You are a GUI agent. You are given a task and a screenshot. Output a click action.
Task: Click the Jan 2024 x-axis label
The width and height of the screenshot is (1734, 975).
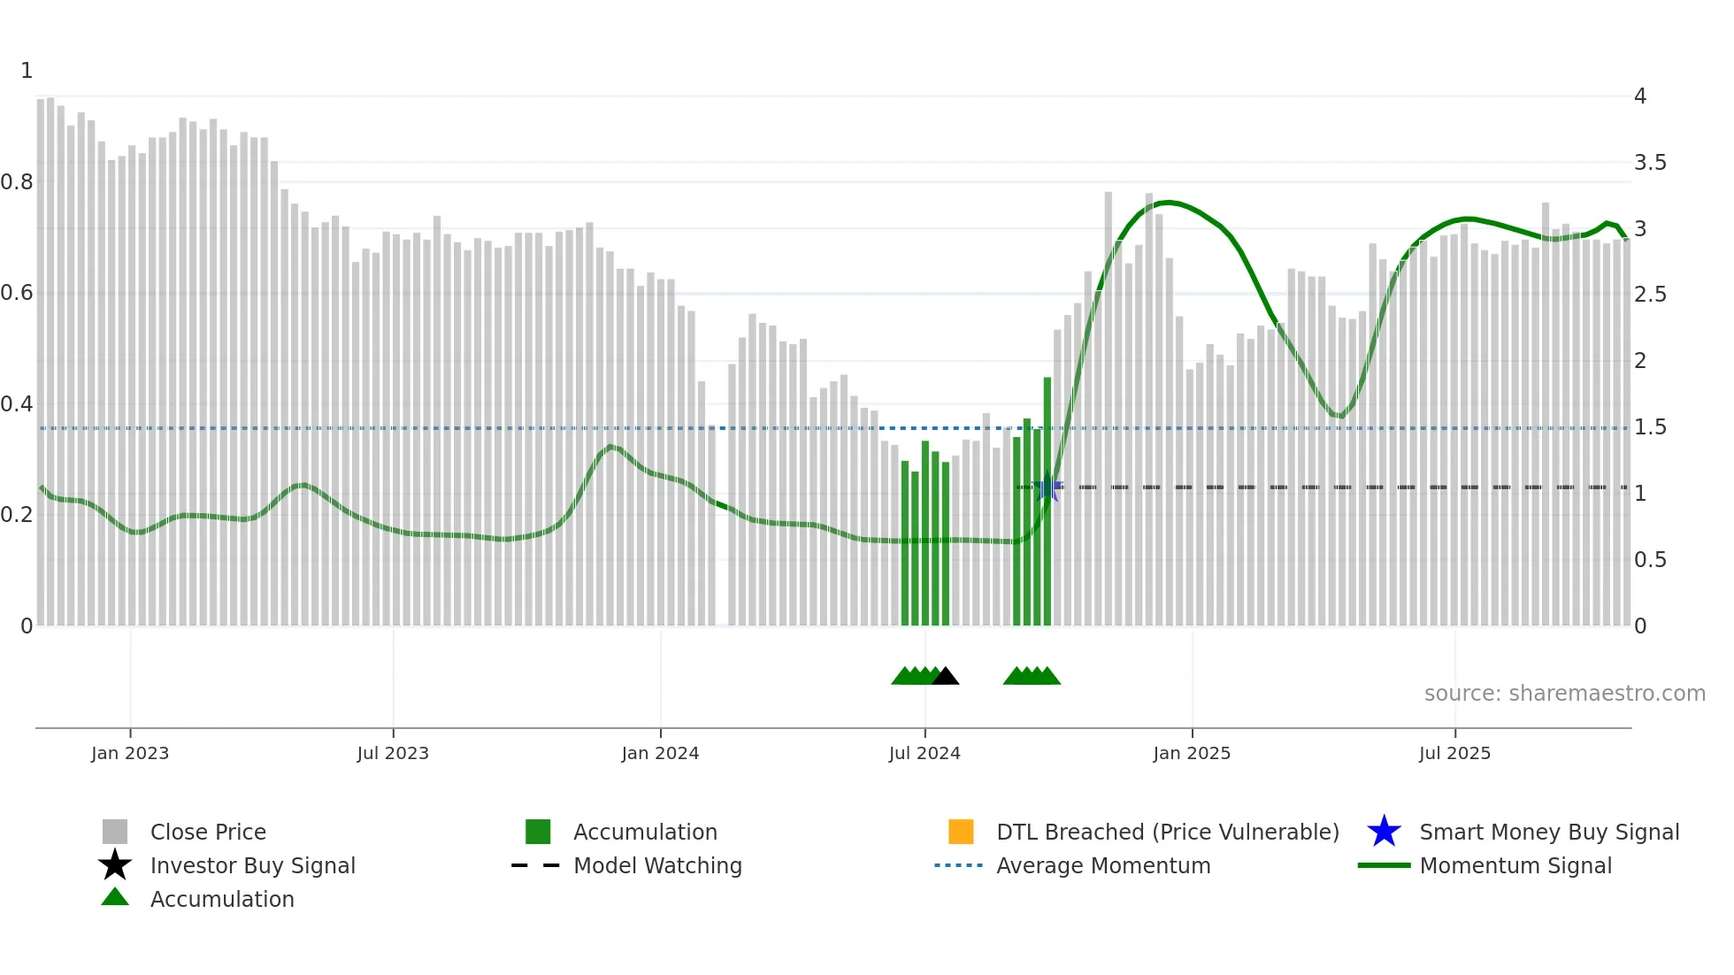660,753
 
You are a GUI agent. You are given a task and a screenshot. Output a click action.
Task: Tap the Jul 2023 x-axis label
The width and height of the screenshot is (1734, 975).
393,753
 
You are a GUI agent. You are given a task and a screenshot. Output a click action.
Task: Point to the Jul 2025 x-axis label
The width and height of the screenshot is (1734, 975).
1454,753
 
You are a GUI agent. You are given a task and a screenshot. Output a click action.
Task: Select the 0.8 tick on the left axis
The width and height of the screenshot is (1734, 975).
17,182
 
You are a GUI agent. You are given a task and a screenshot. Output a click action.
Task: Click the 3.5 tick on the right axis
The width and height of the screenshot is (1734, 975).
1650,163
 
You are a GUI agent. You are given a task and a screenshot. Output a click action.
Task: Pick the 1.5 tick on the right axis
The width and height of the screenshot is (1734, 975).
1650,427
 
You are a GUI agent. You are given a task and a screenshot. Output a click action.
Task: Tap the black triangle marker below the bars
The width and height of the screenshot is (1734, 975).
945,677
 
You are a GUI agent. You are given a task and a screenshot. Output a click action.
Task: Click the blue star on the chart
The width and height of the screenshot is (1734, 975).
1048,487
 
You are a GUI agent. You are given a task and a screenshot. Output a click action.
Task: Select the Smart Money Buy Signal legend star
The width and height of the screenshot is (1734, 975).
1384,832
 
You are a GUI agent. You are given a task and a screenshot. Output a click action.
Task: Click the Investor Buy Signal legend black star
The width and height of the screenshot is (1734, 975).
115,865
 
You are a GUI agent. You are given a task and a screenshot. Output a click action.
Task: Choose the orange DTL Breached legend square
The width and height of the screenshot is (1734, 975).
961,832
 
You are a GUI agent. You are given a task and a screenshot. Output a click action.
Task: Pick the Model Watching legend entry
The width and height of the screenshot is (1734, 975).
657,865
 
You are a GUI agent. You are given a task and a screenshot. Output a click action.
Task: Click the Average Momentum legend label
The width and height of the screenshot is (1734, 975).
1103,865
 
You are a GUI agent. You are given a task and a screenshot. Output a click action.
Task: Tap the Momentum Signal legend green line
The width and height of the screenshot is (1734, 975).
1384,865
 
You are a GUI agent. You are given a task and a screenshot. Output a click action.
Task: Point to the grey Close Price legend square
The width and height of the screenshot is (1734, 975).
115,832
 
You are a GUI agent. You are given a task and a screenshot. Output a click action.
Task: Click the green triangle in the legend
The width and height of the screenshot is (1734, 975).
115,898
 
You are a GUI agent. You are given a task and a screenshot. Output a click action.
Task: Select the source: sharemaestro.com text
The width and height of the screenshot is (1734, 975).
1564,694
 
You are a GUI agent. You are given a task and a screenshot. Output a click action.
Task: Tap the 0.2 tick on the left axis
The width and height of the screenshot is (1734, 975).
17,515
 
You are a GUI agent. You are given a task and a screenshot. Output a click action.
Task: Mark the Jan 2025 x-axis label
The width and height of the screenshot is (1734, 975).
1192,753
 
